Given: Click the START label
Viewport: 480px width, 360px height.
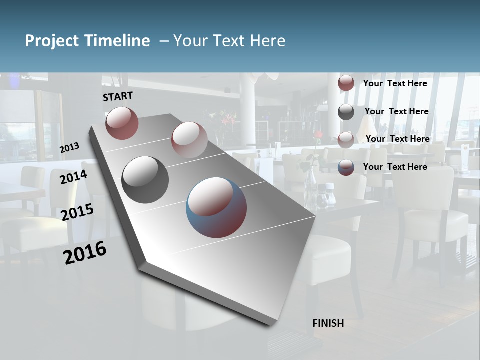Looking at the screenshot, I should [118, 96].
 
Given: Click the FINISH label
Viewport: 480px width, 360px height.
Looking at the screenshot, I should [328, 323].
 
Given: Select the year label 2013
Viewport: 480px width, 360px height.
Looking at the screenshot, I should [70, 148].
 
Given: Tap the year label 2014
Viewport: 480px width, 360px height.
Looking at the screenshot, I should [74, 177].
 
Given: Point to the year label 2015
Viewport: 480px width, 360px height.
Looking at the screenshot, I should [77, 212].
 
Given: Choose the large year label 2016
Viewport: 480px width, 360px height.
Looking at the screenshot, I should [85, 253].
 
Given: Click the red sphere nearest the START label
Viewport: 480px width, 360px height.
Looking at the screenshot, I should [122, 123].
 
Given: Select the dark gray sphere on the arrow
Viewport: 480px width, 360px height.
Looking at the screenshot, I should [145, 179].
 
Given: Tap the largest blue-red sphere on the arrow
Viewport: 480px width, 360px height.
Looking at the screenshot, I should [216, 207].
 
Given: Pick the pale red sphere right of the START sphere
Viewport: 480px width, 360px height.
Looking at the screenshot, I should [189, 139].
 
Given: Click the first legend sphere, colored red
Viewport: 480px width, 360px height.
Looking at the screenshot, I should [346, 83].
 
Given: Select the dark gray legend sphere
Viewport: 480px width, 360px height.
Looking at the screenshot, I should [346, 112].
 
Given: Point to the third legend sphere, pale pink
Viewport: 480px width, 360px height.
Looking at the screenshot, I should [346, 139].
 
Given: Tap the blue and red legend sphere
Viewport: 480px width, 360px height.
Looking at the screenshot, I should [346, 167].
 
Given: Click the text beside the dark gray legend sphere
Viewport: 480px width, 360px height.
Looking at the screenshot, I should [396, 111].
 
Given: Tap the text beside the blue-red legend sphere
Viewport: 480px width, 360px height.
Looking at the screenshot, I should [395, 167].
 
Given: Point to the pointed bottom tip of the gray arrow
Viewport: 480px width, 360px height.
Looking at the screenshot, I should [272, 325].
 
